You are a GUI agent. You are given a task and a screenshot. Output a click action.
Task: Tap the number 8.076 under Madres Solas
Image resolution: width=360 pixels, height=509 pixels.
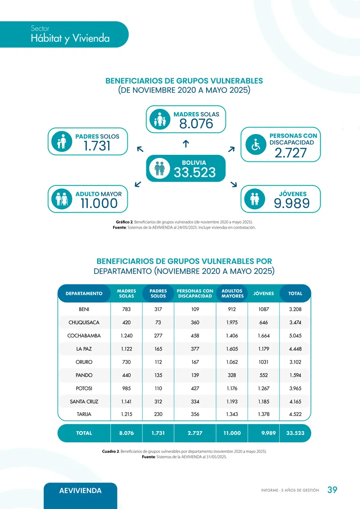click(196, 123)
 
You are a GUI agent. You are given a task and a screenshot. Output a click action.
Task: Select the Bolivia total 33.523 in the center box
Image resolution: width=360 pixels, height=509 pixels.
click(195, 172)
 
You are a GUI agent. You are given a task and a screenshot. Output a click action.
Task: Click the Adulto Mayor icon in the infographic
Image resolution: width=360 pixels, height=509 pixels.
click(62, 199)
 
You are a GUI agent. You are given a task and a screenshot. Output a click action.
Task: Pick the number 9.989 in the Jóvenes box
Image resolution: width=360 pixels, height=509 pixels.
click(292, 204)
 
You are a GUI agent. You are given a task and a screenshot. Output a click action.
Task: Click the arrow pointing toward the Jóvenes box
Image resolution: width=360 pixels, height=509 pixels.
click(234, 184)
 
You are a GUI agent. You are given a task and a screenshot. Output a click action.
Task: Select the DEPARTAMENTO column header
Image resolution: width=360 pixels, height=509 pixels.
click(84, 293)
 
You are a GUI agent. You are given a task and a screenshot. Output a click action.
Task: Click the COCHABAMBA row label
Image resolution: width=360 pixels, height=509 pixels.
click(84, 336)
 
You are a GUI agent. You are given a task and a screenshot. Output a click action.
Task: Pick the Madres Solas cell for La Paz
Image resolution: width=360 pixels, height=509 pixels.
click(126, 349)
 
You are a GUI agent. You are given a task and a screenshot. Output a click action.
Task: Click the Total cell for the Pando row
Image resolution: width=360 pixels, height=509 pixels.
click(295, 375)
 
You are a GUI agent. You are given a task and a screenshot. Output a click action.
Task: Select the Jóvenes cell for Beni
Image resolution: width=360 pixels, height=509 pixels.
click(264, 310)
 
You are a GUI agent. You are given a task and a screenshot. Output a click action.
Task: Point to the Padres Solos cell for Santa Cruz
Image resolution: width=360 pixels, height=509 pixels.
click(158, 401)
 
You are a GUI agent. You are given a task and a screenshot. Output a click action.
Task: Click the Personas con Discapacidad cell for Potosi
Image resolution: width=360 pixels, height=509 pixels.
click(195, 388)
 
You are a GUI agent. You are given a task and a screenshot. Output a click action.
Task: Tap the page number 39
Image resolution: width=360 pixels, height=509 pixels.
click(332, 490)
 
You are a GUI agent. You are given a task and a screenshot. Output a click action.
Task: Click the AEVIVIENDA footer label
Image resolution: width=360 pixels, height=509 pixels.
click(81, 491)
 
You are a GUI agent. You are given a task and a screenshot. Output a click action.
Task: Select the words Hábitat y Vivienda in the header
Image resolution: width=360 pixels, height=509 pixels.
click(70, 39)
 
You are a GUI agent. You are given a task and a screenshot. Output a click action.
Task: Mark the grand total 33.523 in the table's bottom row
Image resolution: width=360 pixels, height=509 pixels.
click(295, 433)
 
